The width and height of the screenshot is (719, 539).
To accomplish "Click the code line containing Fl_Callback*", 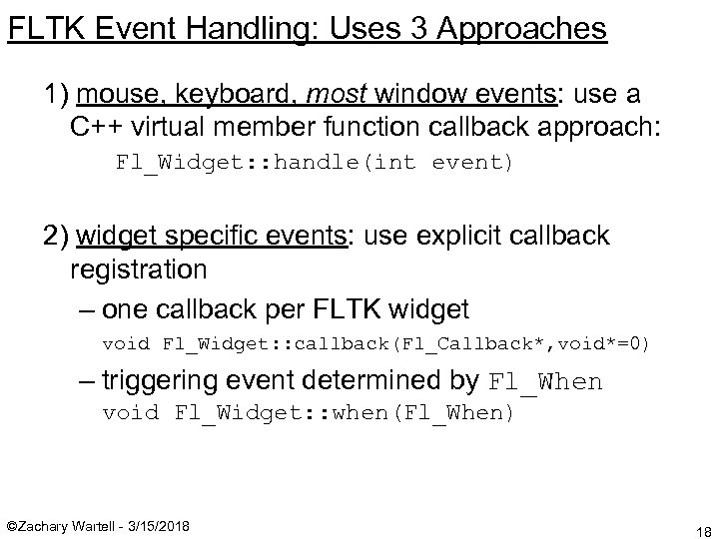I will pyautogui.click(x=376, y=344).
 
